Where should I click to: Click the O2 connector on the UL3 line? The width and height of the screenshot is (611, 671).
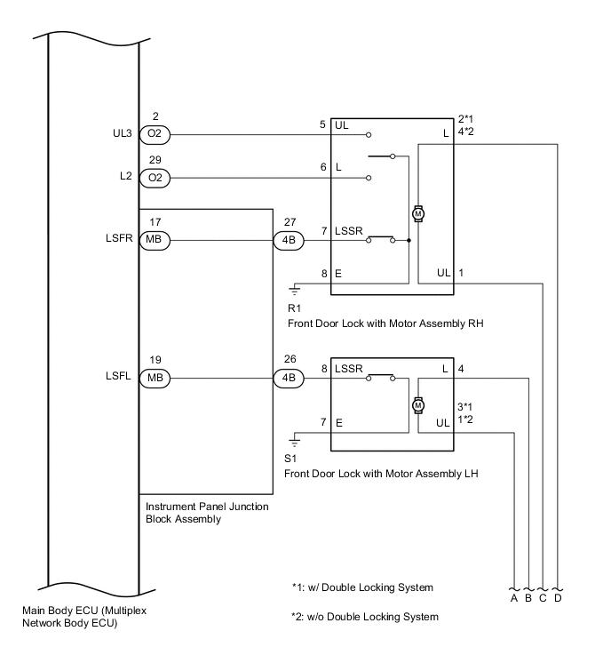coord(155,135)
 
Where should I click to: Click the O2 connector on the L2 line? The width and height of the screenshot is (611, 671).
coord(155,178)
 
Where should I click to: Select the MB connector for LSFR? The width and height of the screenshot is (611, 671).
coord(155,239)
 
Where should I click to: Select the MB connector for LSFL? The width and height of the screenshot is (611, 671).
coord(155,377)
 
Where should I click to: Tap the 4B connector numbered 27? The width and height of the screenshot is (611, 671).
coord(290,239)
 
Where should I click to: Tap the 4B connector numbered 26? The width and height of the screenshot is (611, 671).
coord(290,377)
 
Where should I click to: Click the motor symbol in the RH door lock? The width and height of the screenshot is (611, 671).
coord(417,213)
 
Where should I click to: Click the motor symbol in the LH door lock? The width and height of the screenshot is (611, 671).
coord(417,403)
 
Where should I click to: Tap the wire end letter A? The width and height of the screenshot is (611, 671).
coord(514,598)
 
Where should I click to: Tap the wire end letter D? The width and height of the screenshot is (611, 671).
coord(557,598)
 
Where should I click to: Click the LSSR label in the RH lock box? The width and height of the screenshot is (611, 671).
coord(349,231)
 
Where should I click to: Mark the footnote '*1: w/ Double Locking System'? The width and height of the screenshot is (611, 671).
coord(361,587)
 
